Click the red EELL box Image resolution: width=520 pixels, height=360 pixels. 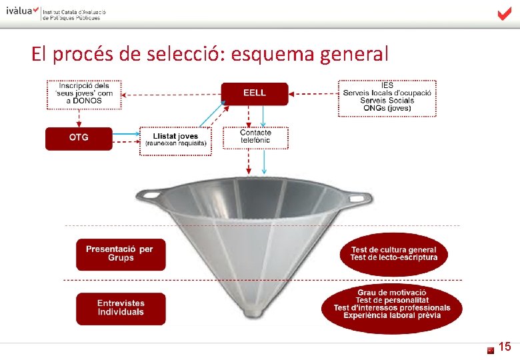(254, 93)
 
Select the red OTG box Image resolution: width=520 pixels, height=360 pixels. (79, 138)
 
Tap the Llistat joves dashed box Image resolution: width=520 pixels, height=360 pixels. (175, 141)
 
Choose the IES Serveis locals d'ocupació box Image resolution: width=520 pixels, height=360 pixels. (387, 98)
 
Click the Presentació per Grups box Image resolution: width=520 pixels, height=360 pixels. (120, 254)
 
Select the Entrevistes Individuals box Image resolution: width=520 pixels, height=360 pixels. (120, 308)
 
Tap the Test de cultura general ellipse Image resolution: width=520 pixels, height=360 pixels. (394, 254)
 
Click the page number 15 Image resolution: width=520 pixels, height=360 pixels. (505, 347)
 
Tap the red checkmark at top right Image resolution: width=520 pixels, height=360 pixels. (505, 14)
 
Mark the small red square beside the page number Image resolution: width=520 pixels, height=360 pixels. (491, 349)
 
